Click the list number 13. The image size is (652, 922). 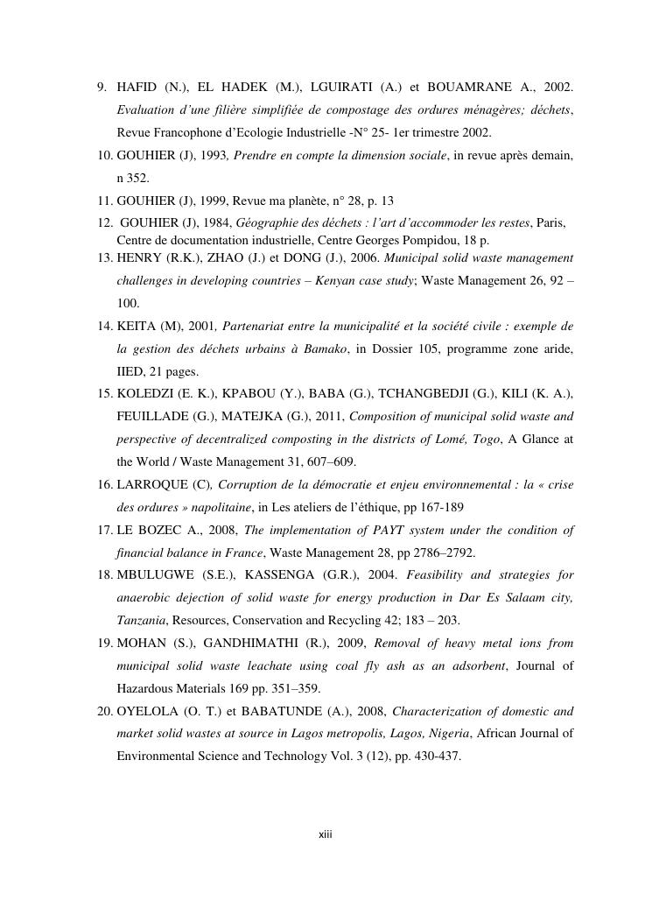coord(103,257)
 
